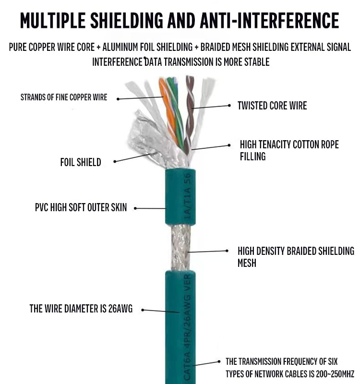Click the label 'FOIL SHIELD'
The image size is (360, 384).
coord(80,162)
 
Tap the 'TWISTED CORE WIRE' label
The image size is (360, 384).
coord(272,106)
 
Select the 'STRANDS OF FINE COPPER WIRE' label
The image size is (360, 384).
coord(63,97)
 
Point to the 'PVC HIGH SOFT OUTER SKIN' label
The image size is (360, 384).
coord(81,207)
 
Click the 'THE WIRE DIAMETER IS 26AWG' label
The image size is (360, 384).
coord(81,309)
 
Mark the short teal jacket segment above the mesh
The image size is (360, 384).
coord(180,197)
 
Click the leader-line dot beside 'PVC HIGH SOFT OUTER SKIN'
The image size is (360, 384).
coord(135,208)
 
